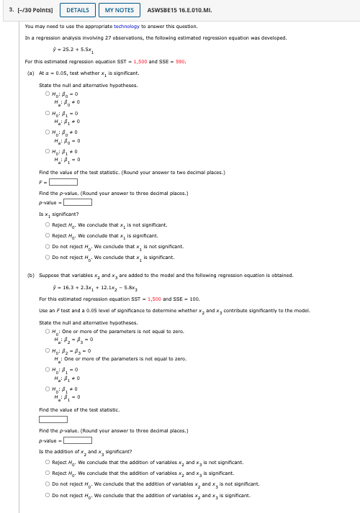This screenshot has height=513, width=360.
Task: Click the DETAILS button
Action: pos(78,10)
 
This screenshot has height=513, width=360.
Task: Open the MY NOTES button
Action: pos(120,10)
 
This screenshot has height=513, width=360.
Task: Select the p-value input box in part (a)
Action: pos(77,201)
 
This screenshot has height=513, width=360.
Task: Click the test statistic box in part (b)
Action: pos(53,419)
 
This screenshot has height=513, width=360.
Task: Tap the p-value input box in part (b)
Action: pos(77,440)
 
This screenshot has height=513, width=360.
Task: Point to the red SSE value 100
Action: pos(194,299)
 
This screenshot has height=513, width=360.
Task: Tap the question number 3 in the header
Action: pos(12,10)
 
